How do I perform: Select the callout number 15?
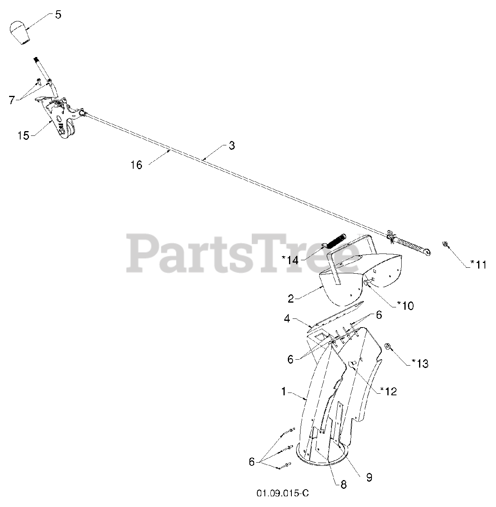23,136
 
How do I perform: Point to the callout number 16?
136,165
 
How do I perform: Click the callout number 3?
232,146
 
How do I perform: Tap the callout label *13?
420,363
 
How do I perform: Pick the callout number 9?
369,477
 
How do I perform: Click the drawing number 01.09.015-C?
282,494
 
